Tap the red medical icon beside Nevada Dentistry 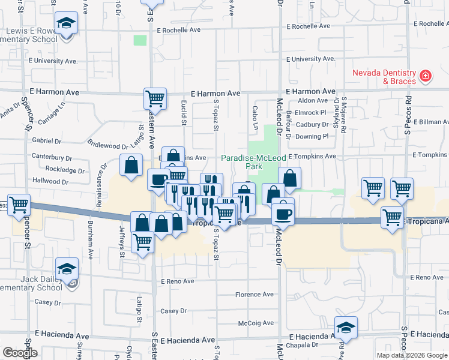coord(426,76)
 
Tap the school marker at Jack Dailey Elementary coord(67,268)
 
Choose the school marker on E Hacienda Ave coord(346,327)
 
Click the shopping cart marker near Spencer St coord(19,205)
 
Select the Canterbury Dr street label coord(52,158)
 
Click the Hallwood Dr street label coord(51,181)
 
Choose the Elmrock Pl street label coord(310,112)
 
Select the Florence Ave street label coord(254,295)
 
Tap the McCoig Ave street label coord(256,323)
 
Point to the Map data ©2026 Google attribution coord(411,355)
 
